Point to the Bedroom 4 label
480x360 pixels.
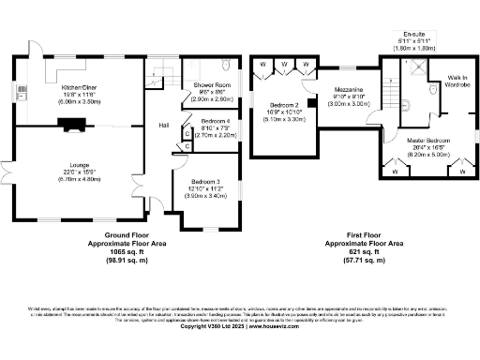tap(215, 121)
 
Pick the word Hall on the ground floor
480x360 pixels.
tap(163, 125)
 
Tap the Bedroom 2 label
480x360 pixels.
tap(283, 105)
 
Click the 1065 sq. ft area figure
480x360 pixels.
tap(124, 252)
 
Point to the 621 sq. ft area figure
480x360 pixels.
tap(355, 252)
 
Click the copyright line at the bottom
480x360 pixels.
tap(239, 326)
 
